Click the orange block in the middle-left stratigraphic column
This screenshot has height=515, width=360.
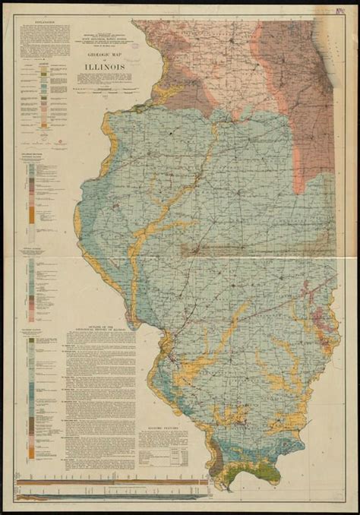coord(30,215)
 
